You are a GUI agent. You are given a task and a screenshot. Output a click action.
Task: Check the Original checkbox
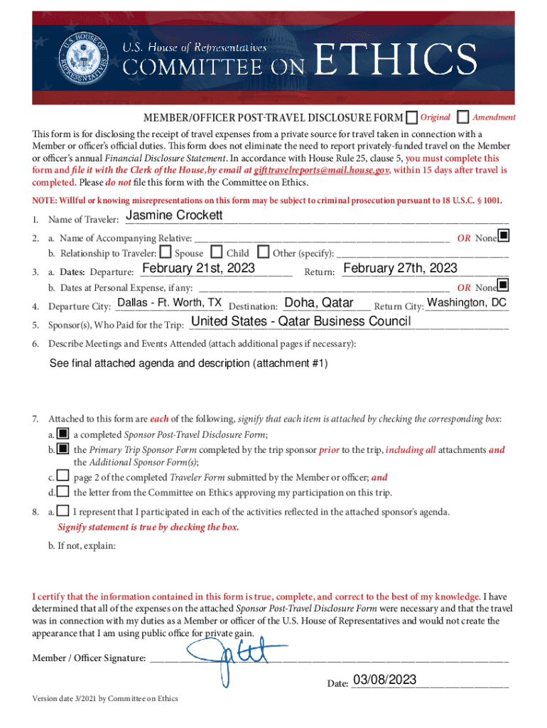point(411,117)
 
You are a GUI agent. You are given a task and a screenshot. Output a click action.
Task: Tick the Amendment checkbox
point(463,117)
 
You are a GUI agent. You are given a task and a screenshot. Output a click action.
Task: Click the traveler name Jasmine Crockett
point(174,215)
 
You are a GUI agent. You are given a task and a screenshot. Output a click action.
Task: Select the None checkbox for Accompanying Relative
point(503,235)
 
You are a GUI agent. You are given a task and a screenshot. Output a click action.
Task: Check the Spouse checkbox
point(166,252)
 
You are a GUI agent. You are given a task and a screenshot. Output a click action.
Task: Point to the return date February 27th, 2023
point(400,268)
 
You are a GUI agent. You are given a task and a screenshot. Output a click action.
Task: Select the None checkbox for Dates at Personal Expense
point(503,286)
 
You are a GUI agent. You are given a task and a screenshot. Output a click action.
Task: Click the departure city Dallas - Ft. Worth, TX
point(169,303)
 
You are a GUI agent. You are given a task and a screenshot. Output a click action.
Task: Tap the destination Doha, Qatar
point(318,304)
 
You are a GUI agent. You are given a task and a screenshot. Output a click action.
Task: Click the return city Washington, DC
point(467,303)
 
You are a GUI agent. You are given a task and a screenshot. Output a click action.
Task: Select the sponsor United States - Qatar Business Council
point(301,322)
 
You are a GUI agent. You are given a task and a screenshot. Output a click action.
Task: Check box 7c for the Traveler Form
point(63,476)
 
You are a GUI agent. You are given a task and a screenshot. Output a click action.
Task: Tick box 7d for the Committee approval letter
point(63,491)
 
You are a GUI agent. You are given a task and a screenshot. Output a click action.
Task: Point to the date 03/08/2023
point(384,680)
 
